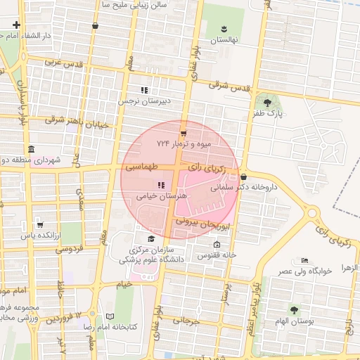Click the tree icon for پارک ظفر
(266, 103)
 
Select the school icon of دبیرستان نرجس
(144, 90)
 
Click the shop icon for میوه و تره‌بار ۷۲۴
(184, 132)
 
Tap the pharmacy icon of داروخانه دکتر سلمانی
(243, 176)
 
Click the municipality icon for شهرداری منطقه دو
(30, 150)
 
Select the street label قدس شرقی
(229, 86)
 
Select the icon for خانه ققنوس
(217, 244)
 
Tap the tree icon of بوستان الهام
(293, 309)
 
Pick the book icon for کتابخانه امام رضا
(109, 316)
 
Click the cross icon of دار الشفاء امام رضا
(16, 25)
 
